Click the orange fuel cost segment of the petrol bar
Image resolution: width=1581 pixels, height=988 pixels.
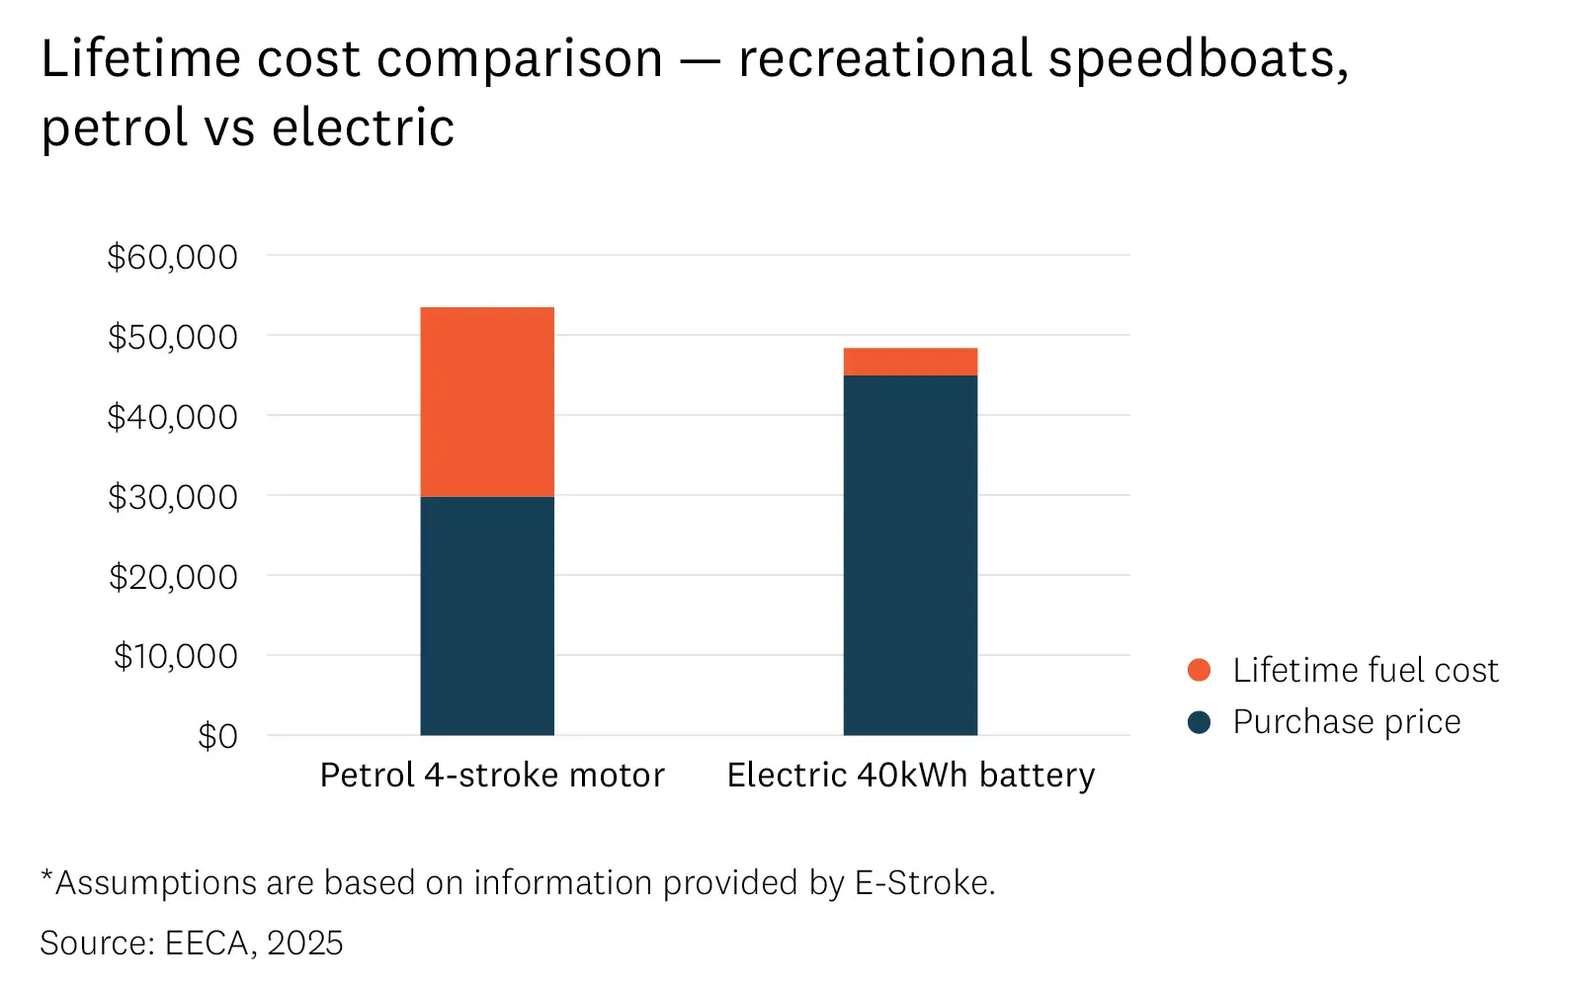(x=487, y=402)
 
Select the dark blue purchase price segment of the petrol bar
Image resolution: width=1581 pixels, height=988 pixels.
(x=487, y=616)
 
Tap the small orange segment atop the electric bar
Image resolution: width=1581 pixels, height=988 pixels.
(x=910, y=362)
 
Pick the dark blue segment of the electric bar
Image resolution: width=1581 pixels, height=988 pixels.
(x=910, y=555)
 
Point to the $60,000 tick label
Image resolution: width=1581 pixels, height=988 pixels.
(x=173, y=257)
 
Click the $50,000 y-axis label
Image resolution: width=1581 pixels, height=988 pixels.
(x=173, y=337)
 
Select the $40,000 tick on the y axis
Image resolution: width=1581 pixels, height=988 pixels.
(x=173, y=417)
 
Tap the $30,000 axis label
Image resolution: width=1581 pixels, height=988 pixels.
(x=173, y=497)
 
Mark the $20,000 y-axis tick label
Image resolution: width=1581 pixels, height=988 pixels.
(x=173, y=577)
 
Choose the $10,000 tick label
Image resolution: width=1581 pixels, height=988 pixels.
(x=176, y=656)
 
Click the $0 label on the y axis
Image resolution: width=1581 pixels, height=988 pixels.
(x=217, y=736)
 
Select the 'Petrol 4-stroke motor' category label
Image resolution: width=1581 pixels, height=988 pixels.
(x=492, y=776)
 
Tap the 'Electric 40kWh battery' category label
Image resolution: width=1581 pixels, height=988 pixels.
(x=911, y=776)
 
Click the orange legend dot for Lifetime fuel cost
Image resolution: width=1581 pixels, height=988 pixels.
(x=1199, y=670)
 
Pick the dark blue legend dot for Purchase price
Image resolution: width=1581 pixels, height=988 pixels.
(x=1199, y=722)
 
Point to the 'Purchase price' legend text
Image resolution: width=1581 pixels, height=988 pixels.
(x=1346, y=722)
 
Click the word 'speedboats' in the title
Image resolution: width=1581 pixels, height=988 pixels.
(x=1198, y=59)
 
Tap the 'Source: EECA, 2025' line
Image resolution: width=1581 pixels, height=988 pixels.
(x=192, y=943)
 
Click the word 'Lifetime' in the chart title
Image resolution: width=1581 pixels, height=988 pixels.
(x=141, y=59)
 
